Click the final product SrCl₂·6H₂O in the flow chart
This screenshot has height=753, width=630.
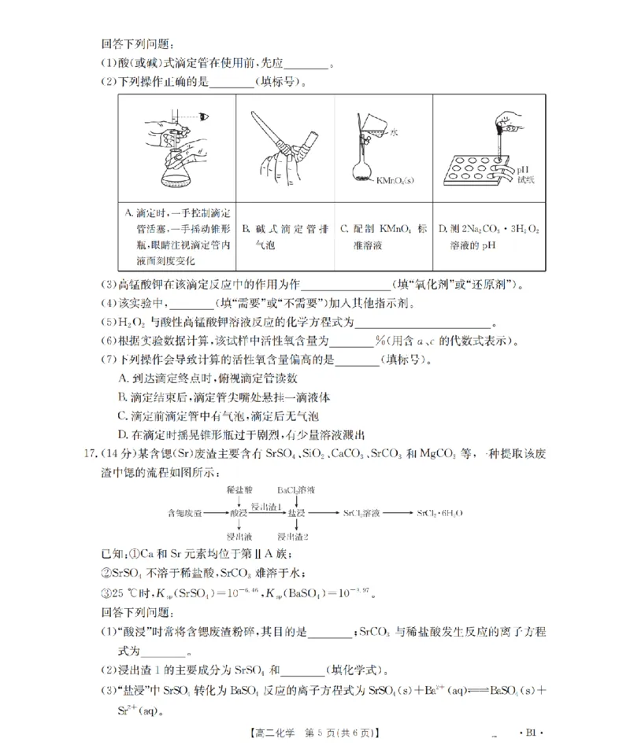(x=439, y=513)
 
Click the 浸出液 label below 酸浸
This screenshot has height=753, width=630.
(x=238, y=536)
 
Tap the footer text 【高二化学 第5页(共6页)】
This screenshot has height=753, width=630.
(x=315, y=732)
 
